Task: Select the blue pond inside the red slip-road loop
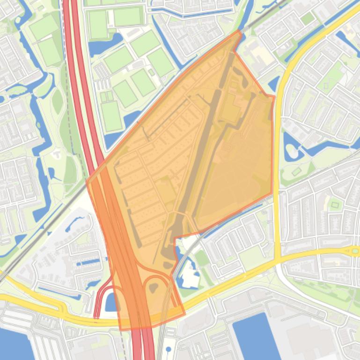pos(111,302)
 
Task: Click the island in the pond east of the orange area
pos(292,150)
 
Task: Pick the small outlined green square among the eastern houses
pos(334,204)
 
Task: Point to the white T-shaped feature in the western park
pos(57,153)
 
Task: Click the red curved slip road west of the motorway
pos(99,299)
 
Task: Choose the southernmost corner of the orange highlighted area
pos(123,330)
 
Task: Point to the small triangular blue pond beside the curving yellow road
pos(274,84)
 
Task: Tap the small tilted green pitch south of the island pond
pos(296,172)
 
